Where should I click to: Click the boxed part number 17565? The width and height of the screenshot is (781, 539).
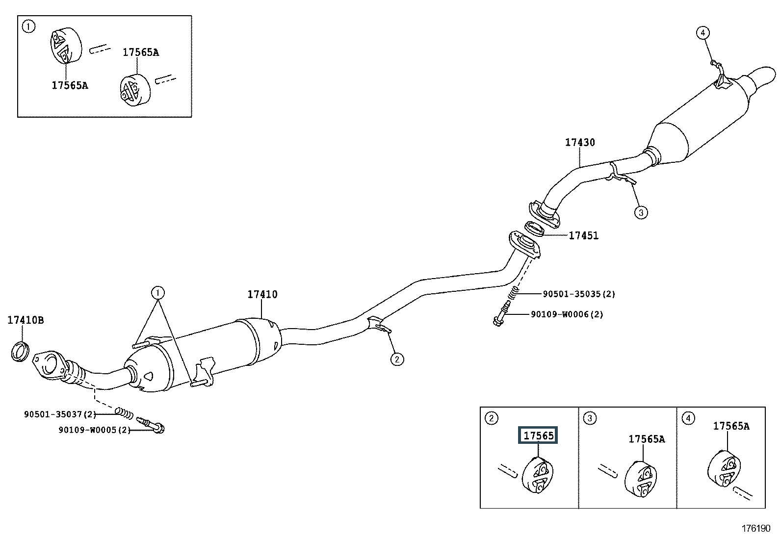[538, 435]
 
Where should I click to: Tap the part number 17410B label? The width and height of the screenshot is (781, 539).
[26, 320]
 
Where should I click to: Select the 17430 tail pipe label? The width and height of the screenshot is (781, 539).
[580, 143]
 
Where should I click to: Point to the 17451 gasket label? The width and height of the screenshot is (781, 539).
[583, 235]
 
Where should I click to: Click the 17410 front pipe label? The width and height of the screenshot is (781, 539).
[262, 294]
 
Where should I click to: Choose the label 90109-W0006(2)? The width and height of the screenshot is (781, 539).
[567, 314]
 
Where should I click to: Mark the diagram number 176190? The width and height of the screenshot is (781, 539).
[756, 529]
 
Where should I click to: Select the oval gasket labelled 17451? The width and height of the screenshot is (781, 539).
[534, 228]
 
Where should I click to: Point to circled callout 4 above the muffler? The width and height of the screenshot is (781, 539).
[703, 33]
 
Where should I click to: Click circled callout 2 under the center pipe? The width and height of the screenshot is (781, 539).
[397, 359]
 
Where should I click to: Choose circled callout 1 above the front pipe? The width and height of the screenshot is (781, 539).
[158, 293]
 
